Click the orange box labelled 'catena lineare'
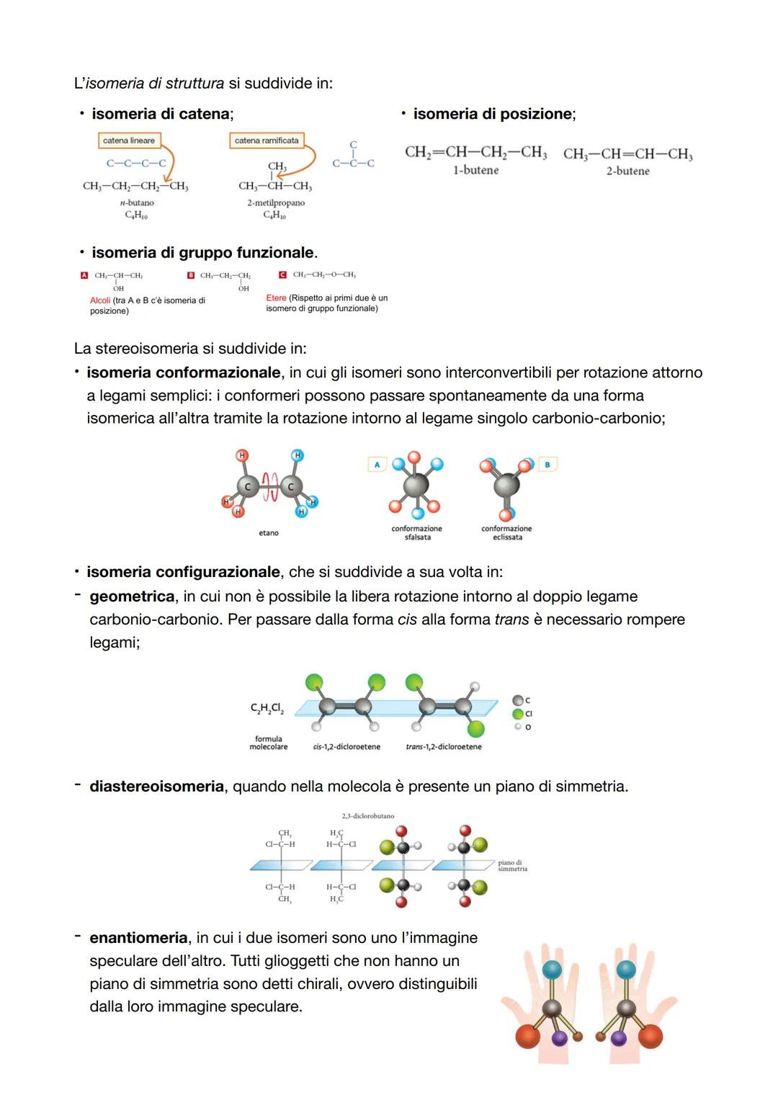[x=129, y=140]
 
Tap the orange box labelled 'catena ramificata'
[x=267, y=140]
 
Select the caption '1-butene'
[x=475, y=170]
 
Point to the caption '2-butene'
[x=627, y=171]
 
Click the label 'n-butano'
[x=136, y=202]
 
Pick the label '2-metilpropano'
[x=276, y=202]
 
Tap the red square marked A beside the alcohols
[x=84, y=275]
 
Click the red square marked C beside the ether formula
[x=282, y=274]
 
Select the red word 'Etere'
[x=276, y=298]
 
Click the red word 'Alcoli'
[x=100, y=300]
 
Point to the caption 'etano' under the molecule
[x=268, y=533]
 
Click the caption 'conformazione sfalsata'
[x=417, y=533]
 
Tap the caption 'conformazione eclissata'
[x=506, y=533]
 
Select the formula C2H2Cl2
[x=267, y=709]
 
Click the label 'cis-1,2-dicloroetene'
[x=346, y=747]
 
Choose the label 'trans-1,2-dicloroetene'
[x=444, y=747]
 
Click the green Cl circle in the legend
[x=517, y=714]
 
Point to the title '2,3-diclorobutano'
[x=367, y=816]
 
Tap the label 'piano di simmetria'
[x=512, y=865]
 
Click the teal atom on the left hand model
[x=552, y=970]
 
